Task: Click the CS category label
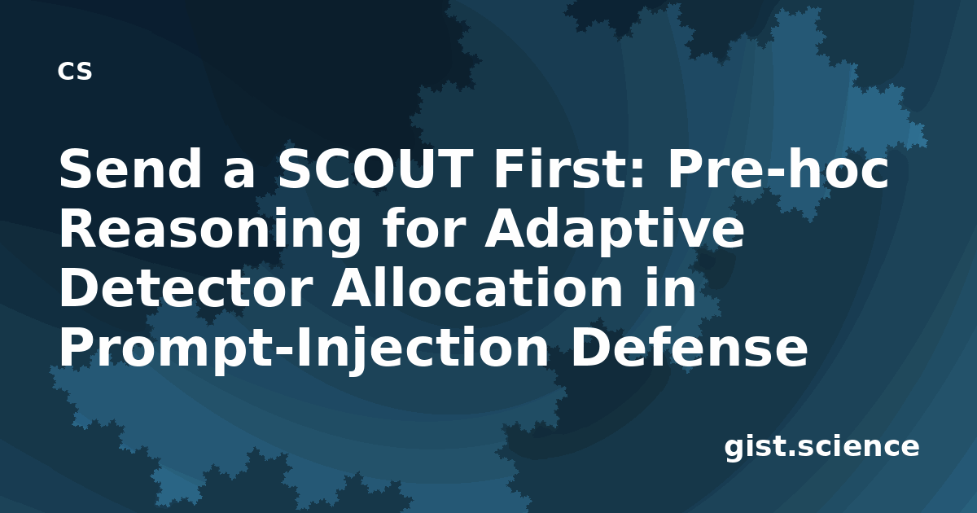(75, 71)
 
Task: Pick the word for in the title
(422, 228)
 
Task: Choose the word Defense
(689, 346)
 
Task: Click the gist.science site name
(821, 448)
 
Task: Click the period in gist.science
(791, 453)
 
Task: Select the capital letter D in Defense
(590, 346)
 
